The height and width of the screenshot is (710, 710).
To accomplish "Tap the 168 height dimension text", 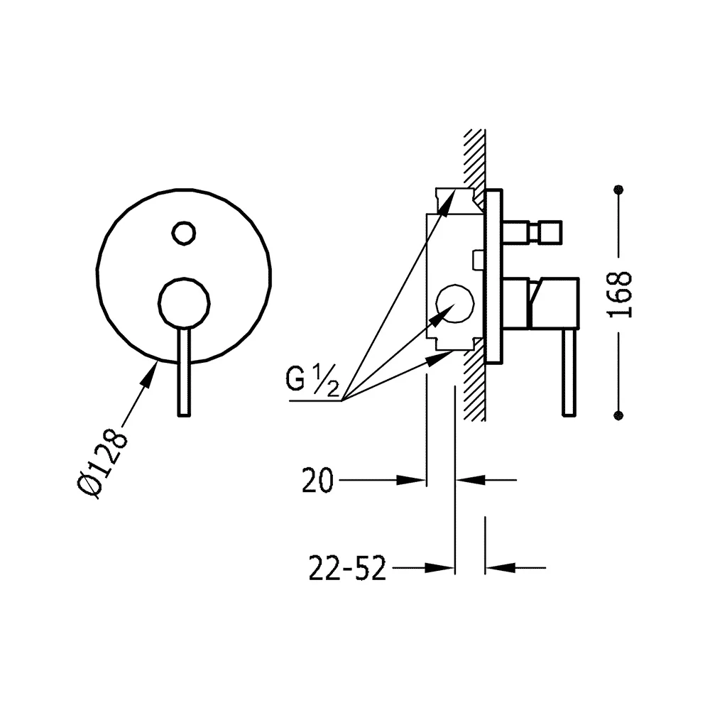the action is (619, 295).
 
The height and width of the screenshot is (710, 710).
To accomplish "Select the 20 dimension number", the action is (317, 481).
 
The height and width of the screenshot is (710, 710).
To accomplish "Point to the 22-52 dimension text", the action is (347, 568).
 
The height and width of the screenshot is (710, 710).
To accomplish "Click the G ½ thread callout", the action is (312, 381).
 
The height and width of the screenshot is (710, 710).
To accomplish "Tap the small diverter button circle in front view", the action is (183, 234).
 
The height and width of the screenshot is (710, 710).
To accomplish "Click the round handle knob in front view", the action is (184, 302).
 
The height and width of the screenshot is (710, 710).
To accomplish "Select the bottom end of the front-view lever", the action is (184, 415).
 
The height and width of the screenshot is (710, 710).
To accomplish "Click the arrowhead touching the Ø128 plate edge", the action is (150, 374).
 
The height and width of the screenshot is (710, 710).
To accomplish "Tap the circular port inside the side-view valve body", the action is (454, 304).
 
